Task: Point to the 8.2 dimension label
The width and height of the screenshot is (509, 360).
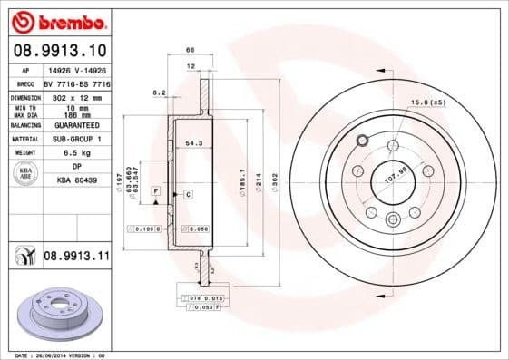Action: click(x=160, y=92)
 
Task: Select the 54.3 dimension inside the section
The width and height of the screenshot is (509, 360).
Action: click(x=192, y=144)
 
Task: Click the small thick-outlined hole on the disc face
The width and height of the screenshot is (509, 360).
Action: click(x=362, y=141)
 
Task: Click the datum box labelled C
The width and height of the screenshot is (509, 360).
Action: click(x=187, y=195)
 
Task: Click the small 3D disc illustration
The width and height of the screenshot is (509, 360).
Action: click(x=60, y=311)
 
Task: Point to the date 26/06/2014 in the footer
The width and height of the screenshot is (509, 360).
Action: click(x=58, y=355)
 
